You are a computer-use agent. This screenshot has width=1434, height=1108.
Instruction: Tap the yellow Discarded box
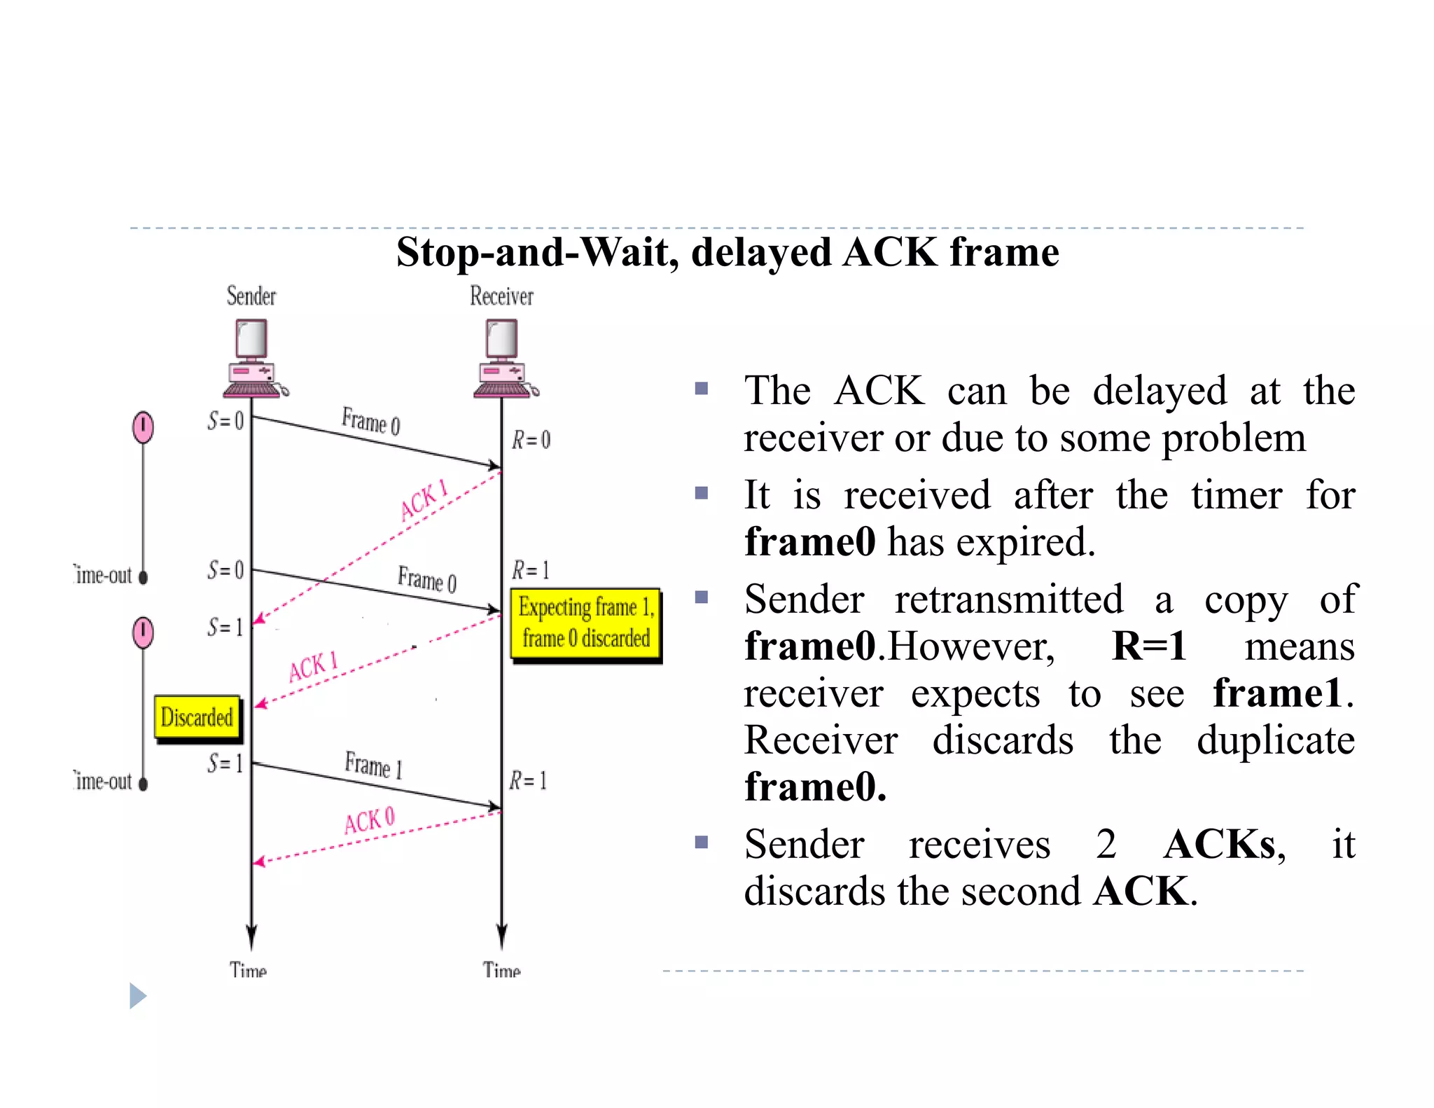click(x=197, y=717)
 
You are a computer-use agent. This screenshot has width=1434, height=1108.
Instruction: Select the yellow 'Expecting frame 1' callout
click(x=586, y=623)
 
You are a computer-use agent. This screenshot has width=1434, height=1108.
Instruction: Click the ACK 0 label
click(x=369, y=820)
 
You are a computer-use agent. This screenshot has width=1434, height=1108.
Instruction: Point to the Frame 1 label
click(x=374, y=765)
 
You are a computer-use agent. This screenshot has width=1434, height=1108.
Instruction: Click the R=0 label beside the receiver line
click(x=531, y=440)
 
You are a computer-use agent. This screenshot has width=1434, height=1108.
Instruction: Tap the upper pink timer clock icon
click(x=144, y=427)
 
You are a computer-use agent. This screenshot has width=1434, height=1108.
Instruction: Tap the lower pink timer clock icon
click(x=144, y=632)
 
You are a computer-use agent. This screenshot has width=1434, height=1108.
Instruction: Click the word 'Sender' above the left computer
click(x=251, y=296)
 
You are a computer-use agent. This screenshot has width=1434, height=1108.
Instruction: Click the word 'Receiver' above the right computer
click(x=501, y=296)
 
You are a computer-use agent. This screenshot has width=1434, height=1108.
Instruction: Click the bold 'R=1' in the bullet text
click(x=1149, y=646)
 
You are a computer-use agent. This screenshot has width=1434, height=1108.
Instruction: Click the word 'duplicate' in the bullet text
click(x=1276, y=741)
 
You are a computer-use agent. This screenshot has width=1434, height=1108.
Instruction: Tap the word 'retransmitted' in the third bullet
click(x=1009, y=600)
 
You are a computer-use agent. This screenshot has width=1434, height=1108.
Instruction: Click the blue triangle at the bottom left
click(x=138, y=996)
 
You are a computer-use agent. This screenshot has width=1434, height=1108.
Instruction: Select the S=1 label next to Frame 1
click(x=225, y=763)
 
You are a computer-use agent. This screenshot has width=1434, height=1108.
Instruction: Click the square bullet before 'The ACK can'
click(x=702, y=389)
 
